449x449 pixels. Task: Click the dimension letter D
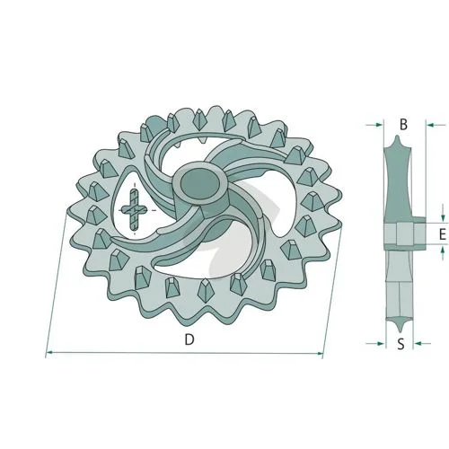coord(189,339)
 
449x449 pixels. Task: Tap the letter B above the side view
coord(403,124)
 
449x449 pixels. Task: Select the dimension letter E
coord(443,234)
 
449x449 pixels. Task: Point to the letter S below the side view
coord(401,344)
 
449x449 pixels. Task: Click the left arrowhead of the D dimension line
coord(50,353)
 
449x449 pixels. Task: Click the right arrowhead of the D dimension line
coord(320,354)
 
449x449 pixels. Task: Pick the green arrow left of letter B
coord(374,125)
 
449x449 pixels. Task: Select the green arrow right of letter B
coord(436,125)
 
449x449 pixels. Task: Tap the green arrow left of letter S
coord(375,343)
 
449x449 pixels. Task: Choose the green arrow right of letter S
coord(422,343)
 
